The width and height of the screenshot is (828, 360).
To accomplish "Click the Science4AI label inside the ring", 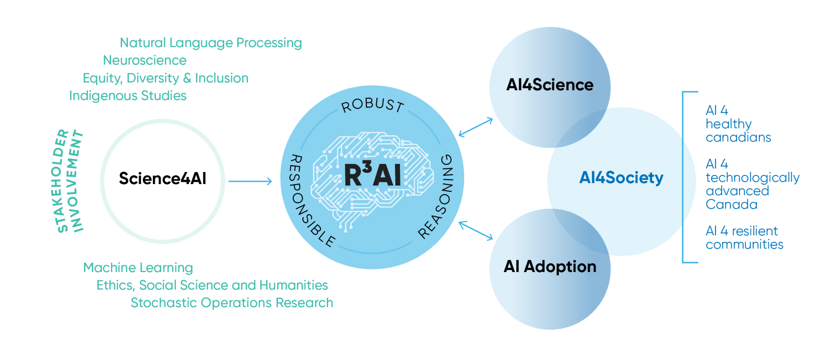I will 162,179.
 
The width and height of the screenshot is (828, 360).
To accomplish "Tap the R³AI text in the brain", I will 372,175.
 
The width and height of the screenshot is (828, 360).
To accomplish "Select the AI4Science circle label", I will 550,85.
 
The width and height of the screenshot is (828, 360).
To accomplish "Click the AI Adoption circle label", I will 550,267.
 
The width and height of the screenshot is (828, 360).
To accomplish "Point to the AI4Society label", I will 621,178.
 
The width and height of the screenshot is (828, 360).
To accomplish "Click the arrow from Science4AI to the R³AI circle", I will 251,181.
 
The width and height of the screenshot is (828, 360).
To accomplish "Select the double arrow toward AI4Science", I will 475,127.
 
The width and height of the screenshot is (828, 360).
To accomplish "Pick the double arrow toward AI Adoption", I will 475,231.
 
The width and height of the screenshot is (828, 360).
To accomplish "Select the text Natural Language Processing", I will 210,43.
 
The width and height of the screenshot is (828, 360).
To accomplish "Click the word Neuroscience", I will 145,61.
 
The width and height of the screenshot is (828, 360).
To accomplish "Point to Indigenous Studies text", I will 128,96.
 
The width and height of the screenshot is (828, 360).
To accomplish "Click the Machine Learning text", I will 138,268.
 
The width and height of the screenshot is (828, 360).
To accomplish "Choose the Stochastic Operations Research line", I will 232,303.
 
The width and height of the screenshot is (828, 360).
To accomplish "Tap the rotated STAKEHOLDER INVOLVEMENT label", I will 70,181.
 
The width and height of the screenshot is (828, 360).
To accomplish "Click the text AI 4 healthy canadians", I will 738,124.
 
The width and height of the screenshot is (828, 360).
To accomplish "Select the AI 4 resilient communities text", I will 744,237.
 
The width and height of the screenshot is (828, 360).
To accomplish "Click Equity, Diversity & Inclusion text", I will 166,78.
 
